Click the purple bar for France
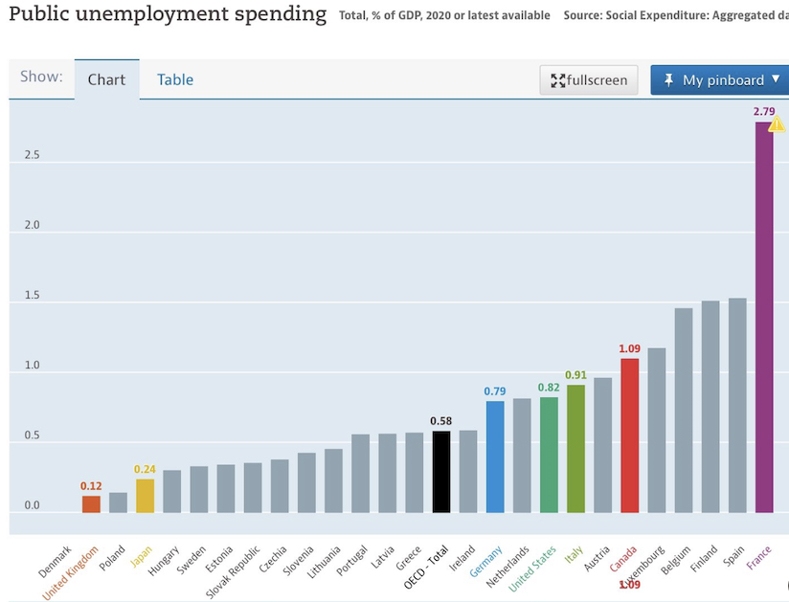click(x=764, y=318)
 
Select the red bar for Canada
click(x=629, y=435)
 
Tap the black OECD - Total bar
click(x=441, y=472)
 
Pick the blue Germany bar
click(x=495, y=457)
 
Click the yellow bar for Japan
click(x=145, y=496)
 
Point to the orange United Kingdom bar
click(x=91, y=504)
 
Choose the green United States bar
click(x=549, y=456)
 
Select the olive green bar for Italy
click(x=575, y=449)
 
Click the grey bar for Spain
click(x=737, y=406)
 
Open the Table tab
click(x=175, y=79)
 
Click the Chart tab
click(x=106, y=79)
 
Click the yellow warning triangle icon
click(x=777, y=123)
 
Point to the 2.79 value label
click(x=764, y=111)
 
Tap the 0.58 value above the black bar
click(x=440, y=421)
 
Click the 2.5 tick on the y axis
click(x=33, y=155)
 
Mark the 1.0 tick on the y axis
click(x=33, y=365)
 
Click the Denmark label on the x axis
click(x=56, y=561)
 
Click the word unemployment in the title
click(x=152, y=14)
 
